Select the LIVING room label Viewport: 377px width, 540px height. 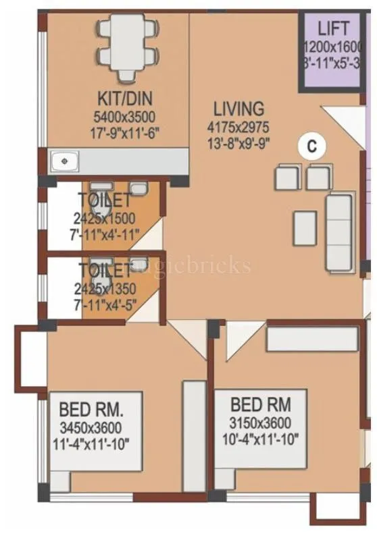(x=238, y=108)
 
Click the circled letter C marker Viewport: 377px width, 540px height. (x=312, y=146)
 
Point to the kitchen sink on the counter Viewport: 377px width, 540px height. (x=66, y=161)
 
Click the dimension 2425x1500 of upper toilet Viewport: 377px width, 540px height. (x=106, y=218)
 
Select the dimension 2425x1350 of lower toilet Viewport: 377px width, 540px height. (x=106, y=288)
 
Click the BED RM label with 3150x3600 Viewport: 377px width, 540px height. (x=261, y=405)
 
